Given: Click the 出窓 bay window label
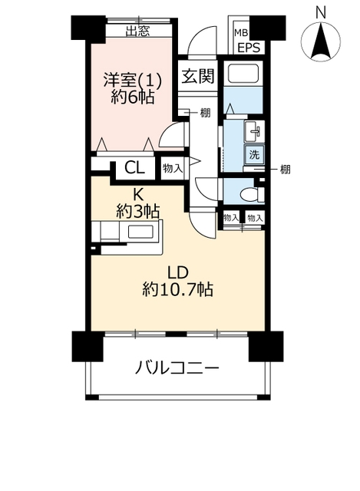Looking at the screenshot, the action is click(137, 31).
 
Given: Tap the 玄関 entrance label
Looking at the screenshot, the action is click(198, 76).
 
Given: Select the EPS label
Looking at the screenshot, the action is click(249, 48).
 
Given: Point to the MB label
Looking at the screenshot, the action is click(242, 32).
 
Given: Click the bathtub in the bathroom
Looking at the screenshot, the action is click(243, 74).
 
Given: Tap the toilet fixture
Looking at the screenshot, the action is click(253, 195).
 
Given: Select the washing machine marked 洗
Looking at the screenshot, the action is click(254, 154).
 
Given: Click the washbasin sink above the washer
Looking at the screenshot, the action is click(254, 131).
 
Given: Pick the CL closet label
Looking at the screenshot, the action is click(135, 168).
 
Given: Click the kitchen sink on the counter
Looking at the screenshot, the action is click(140, 232).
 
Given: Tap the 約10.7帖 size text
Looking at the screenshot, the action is click(177, 289).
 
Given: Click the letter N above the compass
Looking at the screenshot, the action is click(321, 14).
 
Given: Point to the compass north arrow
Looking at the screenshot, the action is click(321, 41).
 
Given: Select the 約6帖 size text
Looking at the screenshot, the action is click(133, 97).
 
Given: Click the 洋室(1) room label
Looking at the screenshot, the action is click(133, 81).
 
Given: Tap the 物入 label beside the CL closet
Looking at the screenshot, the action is click(172, 169).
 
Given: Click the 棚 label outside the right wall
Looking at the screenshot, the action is click(285, 170).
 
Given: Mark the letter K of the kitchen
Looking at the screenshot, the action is click(137, 195).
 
